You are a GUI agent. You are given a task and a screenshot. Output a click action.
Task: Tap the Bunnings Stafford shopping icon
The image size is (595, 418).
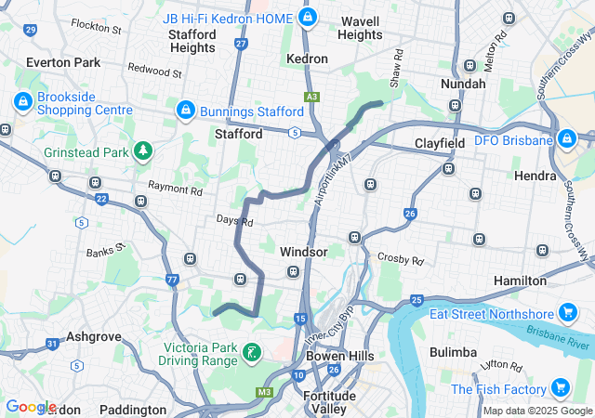[184, 111]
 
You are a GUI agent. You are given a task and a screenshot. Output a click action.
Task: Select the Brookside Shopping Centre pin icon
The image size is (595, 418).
[21, 100]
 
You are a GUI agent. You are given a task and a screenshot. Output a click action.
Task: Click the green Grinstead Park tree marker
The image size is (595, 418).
[142, 150]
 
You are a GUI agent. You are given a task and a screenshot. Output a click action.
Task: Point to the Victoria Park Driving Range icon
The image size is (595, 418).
[251, 352]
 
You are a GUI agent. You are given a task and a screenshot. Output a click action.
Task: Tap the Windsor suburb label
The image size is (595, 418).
[303, 252]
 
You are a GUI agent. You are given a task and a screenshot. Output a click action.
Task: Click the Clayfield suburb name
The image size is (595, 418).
[439, 144]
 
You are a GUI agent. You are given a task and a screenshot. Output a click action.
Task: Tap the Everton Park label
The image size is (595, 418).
[63, 62]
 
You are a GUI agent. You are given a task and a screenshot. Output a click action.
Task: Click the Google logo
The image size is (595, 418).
[31, 406]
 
